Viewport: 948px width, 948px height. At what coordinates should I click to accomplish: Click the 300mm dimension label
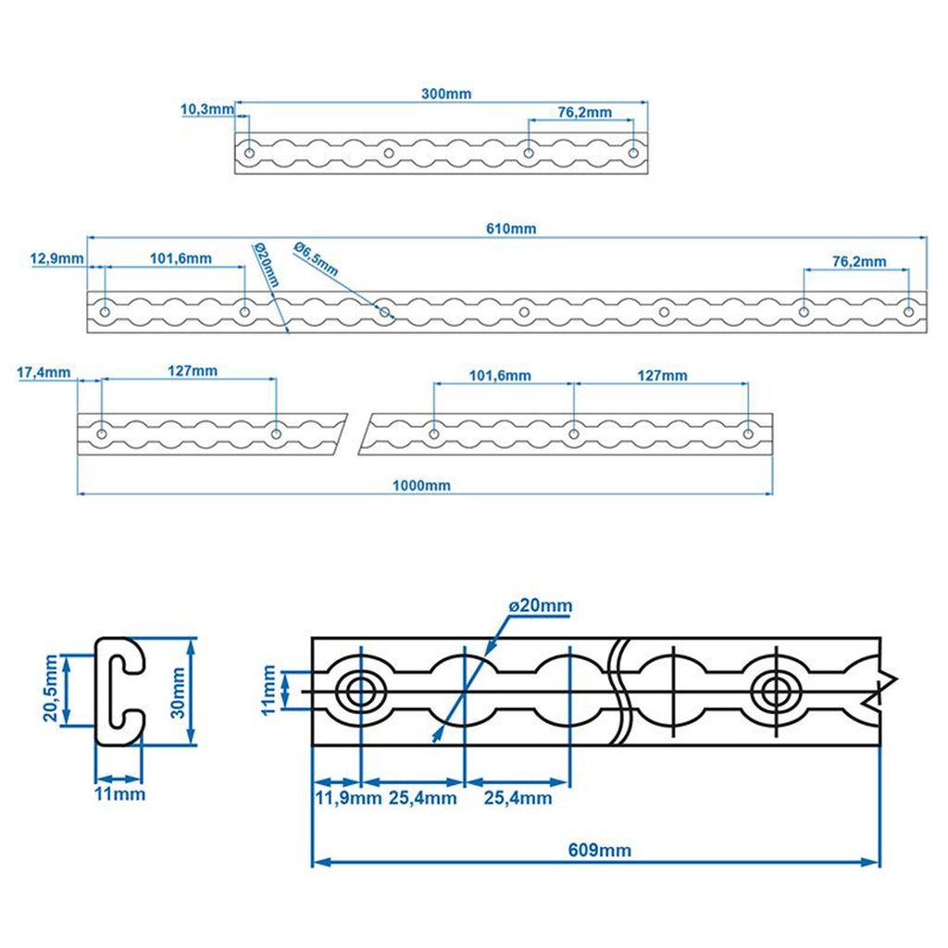pyautogui.click(x=444, y=94)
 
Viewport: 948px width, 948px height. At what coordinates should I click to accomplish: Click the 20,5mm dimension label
pyautogui.click(x=52, y=690)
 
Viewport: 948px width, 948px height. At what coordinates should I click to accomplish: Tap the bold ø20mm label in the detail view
pyautogui.click(x=540, y=605)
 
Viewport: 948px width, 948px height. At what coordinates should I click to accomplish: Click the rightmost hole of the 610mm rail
pyautogui.click(x=909, y=311)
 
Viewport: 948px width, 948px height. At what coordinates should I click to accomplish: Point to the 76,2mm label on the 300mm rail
pyautogui.click(x=584, y=112)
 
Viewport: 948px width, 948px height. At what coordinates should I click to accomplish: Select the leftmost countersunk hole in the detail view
pyautogui.click(x=359, y=690)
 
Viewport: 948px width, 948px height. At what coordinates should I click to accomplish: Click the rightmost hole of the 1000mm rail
pyautogui.click(x=748, y=432)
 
